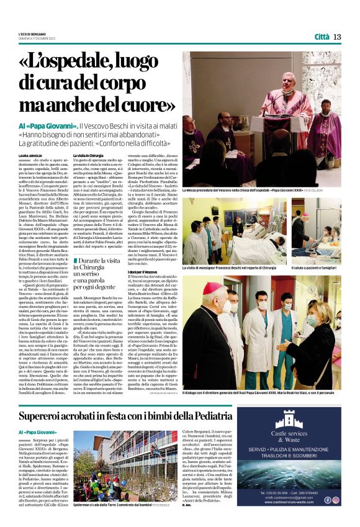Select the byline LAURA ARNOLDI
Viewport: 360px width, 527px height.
[29, 155]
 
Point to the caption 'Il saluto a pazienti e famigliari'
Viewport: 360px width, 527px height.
[316, 266]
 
